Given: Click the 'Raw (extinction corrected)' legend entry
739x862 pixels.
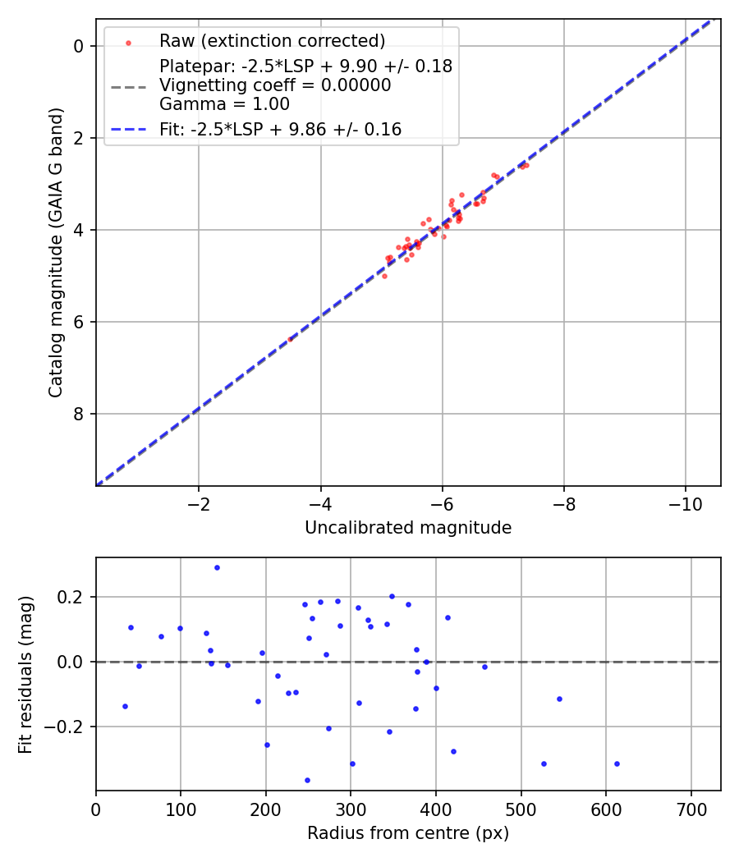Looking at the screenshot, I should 272,41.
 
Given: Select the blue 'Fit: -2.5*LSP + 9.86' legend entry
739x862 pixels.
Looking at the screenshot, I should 280,129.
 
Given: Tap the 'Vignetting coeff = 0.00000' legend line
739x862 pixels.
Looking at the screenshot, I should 275,85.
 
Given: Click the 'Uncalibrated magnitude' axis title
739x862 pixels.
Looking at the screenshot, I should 408,528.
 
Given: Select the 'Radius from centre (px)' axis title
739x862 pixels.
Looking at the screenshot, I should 408,833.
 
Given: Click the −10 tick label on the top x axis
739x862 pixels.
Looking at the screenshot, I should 686,503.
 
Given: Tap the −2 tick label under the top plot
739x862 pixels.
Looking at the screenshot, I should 198,503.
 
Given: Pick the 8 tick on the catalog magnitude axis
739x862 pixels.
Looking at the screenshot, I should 79,414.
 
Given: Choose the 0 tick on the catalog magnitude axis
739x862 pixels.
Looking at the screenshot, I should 79,46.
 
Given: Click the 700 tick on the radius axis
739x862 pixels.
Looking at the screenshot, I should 691,809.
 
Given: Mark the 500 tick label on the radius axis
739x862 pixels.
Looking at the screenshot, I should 521,809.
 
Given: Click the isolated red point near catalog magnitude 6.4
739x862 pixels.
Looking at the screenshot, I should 290,339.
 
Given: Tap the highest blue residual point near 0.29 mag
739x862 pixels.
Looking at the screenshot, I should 217,567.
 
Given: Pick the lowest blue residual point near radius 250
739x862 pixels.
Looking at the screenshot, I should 307,780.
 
